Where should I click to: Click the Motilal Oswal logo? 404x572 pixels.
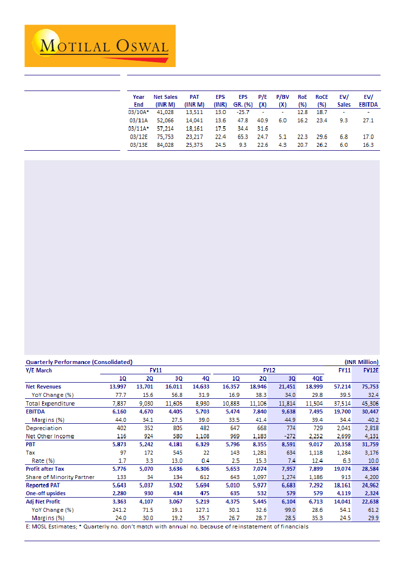(x=100, y=46)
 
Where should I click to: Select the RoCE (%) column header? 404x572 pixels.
(x=321, y=101)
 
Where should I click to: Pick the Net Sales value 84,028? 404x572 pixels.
(x=165, y=145)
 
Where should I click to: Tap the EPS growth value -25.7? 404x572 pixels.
(x=240, y=112)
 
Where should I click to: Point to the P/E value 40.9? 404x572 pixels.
(x=262, y=120)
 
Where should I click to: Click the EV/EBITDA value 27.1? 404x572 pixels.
(x=368, y=120)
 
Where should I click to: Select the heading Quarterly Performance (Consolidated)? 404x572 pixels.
(x=79, y=362)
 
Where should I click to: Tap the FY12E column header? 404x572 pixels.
(x=371, y=370)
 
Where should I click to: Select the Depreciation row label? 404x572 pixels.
(x=44, y=428)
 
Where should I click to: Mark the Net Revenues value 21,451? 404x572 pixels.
(x=287, y=387)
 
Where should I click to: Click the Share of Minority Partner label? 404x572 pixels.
(x=60, y=477)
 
